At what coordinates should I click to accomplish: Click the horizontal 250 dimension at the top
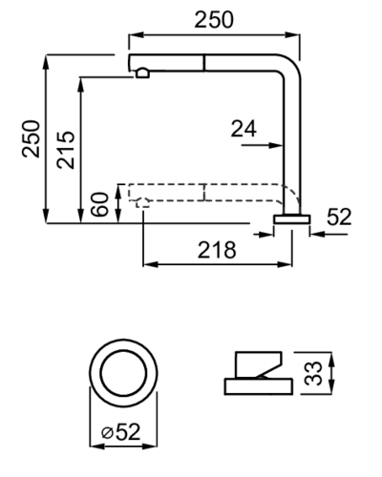click(214, 20)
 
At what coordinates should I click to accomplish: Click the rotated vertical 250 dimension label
click(32, 138)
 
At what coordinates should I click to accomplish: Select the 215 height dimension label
click(66, 150)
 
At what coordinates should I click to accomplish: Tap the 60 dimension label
click(99, 204)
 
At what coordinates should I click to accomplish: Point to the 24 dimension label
click(244, 129)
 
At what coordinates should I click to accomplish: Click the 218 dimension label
click(217, 250)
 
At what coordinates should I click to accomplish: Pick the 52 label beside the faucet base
click(339, 217)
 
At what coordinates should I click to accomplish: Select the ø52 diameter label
click(121, 432)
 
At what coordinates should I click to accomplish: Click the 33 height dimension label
click(313, 373)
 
